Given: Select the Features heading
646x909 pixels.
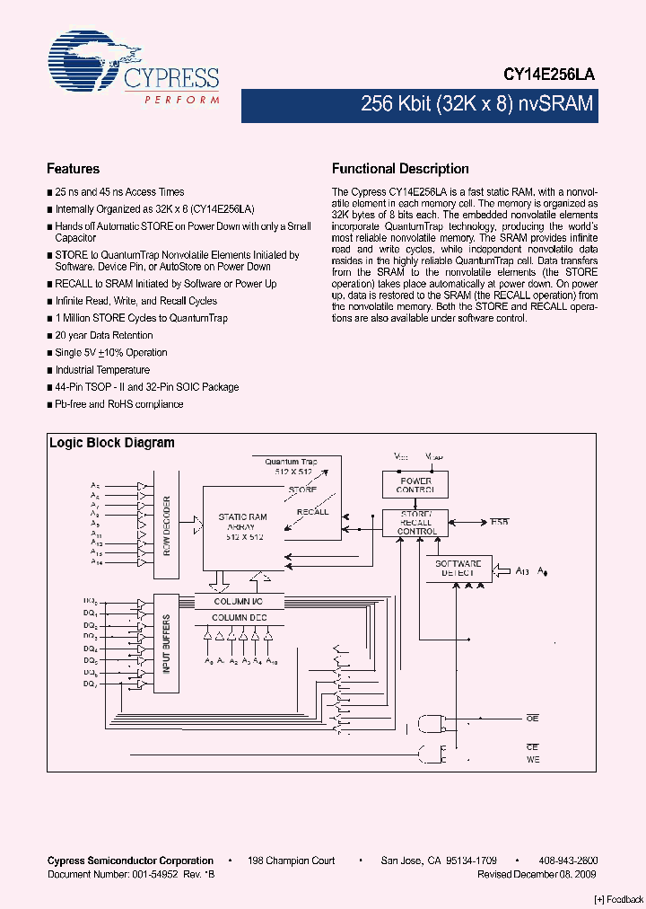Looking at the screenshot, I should [73, 169].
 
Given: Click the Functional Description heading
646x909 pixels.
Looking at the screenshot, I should [400, 169].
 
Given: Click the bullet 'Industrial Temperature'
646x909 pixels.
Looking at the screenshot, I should [102, 370].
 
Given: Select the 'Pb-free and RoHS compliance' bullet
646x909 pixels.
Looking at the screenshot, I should [118, 404].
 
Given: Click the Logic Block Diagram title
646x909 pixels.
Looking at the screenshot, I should [111, 443].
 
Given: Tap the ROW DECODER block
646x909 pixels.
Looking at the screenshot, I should [167, 525].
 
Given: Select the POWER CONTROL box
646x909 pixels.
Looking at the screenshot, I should [415, 486].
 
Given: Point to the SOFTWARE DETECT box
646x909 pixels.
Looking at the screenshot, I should [458, 569].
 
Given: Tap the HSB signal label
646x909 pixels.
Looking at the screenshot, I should [500, 522].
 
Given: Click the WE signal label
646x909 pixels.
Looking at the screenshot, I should [532, 760].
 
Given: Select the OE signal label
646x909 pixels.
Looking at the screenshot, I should [532, 719].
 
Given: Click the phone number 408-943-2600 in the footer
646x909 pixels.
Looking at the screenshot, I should [570, 860].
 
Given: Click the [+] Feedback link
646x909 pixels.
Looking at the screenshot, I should [619, 899].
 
